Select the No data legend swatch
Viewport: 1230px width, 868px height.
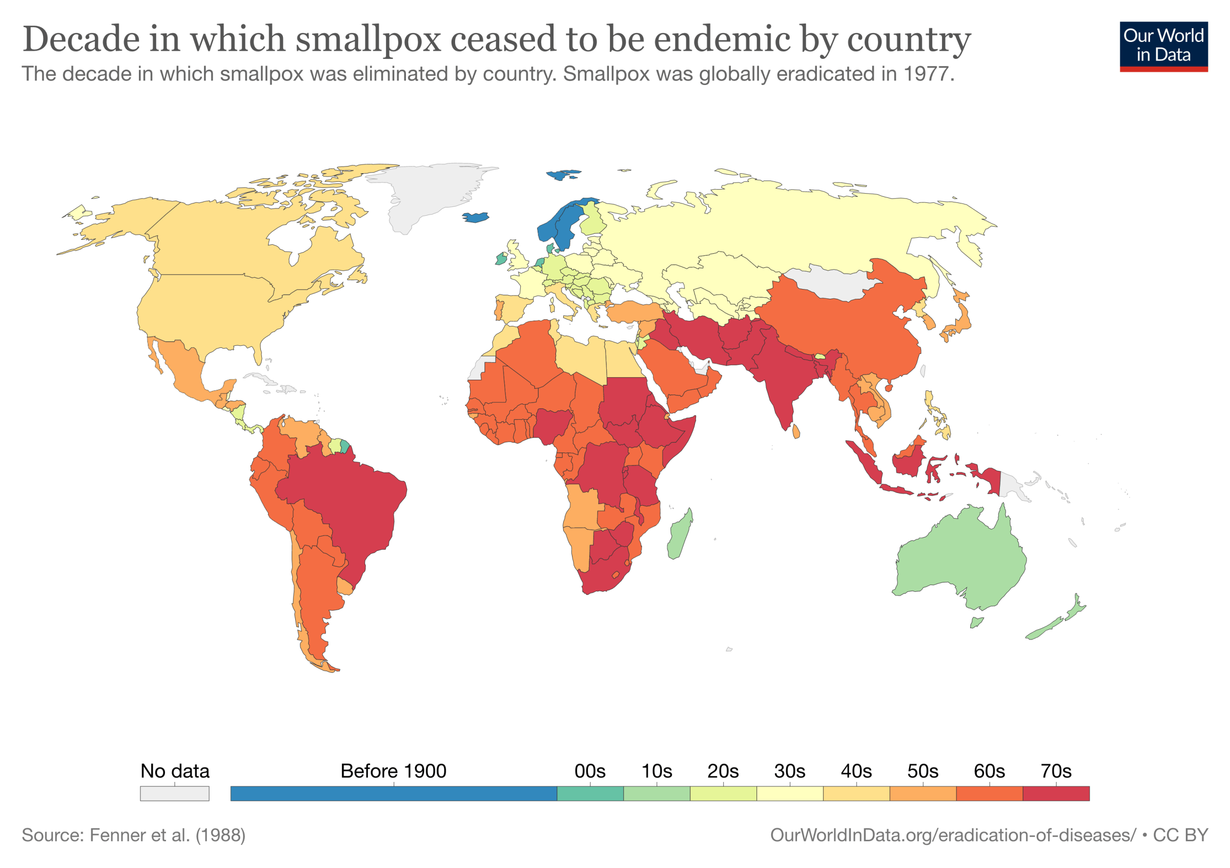click(175, 793)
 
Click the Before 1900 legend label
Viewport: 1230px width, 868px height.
click(393, 771)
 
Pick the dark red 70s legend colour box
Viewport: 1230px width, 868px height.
click(1055, 793)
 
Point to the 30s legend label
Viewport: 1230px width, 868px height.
click(789, 771)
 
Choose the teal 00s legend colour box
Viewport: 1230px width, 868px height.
click(590, 793)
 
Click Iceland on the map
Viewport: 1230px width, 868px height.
click(475, 217)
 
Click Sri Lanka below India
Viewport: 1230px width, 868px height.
click(796, 431)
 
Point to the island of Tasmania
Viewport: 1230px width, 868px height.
click(977, 622)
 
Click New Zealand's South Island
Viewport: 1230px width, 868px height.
click(1044, 629)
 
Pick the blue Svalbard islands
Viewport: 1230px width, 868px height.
click(563, 175)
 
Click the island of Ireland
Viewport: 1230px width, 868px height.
click(501, 259)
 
